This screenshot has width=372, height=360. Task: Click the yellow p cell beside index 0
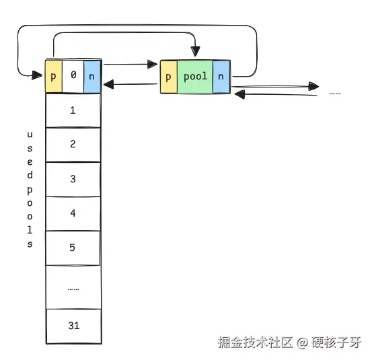pyautogui.click(x=54, y=76)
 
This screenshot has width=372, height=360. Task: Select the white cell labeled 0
pyautogui.click(x=73, y=76)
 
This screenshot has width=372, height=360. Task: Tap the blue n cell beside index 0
pyautogui.click(x=93, y=76)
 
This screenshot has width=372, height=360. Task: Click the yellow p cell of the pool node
pyautogui.click(x=169, y=77)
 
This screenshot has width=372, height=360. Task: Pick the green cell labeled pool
pyautogui.click(x=195, y=77)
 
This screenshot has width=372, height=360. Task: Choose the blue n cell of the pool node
pyautogui.click(x=221, y=77)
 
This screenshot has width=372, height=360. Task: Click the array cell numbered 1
pyautogui.click(x=73, y=110)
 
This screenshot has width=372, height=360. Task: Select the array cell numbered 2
pyautogui.click(x=73, y=145)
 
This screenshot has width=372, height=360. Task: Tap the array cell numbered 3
pyautogui.click(x=73, y=180)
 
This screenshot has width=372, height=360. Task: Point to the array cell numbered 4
pyautogui.click(x=73, y=213)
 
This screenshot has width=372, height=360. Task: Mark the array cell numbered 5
pyautogui.click(x=73, y=248)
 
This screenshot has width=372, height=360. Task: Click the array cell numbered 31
pyautogui.click(x=74, y=326)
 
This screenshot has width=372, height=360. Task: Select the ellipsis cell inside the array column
pyautogui.click(x=73, y=287)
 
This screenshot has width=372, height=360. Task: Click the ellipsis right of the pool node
pyautogui.click(x=335, y=94)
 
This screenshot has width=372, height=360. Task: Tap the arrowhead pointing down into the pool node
pyautogui.click(x=195, y=51)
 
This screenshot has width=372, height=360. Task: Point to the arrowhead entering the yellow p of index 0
pyautogui.click(x=37, y=75)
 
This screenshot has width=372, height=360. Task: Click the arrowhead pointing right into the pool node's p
pyautogui.click(x=152, y=64)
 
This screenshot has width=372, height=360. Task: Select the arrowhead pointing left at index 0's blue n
pyautogui.click(x=108, y=85)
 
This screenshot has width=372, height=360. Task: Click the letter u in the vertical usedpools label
pyautogui.click(x=30, y=135)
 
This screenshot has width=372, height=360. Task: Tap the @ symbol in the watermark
pyautogui.click(x=302, y=343)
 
